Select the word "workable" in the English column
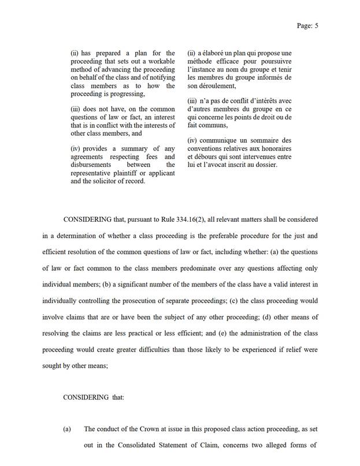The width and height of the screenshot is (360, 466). [161, 62]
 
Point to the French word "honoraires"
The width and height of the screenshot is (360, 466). [273, 148]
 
